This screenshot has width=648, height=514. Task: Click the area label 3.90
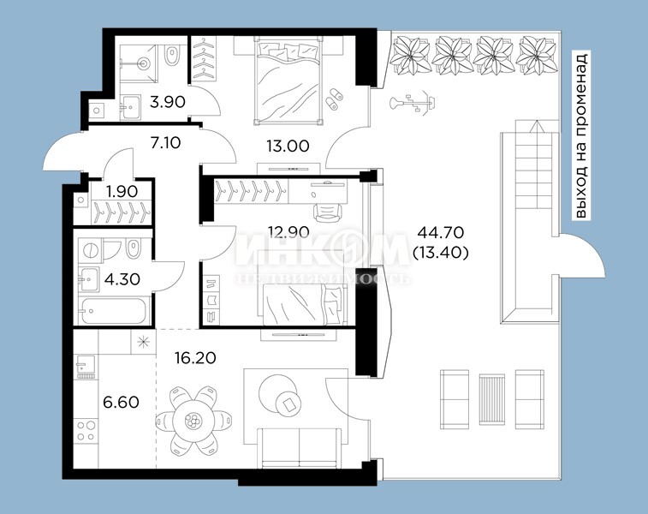point(168,101)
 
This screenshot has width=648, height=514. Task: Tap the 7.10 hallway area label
point(165,143)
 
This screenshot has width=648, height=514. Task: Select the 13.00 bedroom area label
point(288,146)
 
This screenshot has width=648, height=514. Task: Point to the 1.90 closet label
point(122,191)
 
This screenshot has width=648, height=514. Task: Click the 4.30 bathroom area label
point(122,279)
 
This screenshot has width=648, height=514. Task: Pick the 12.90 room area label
point(288,231)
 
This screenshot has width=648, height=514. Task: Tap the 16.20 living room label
point(195,358)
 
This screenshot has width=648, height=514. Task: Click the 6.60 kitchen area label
point(121,402)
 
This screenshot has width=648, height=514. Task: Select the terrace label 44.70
point(441,232)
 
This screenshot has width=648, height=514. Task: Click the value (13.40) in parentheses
point(441,252)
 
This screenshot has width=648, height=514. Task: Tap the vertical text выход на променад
point(581,134)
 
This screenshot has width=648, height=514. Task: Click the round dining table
point(193,421)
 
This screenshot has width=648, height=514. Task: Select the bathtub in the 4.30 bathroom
point(113,311)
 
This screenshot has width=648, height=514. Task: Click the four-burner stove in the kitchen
point(86,431)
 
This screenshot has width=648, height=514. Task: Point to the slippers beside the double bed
point(334,99)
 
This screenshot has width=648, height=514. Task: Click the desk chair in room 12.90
point(328,212)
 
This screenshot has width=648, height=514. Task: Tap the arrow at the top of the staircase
point(536,126)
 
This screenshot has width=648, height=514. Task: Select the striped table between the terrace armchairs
point(492,399)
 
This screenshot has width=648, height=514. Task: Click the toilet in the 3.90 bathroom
point(171,55)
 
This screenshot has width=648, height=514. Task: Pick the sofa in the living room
point(300,448)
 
